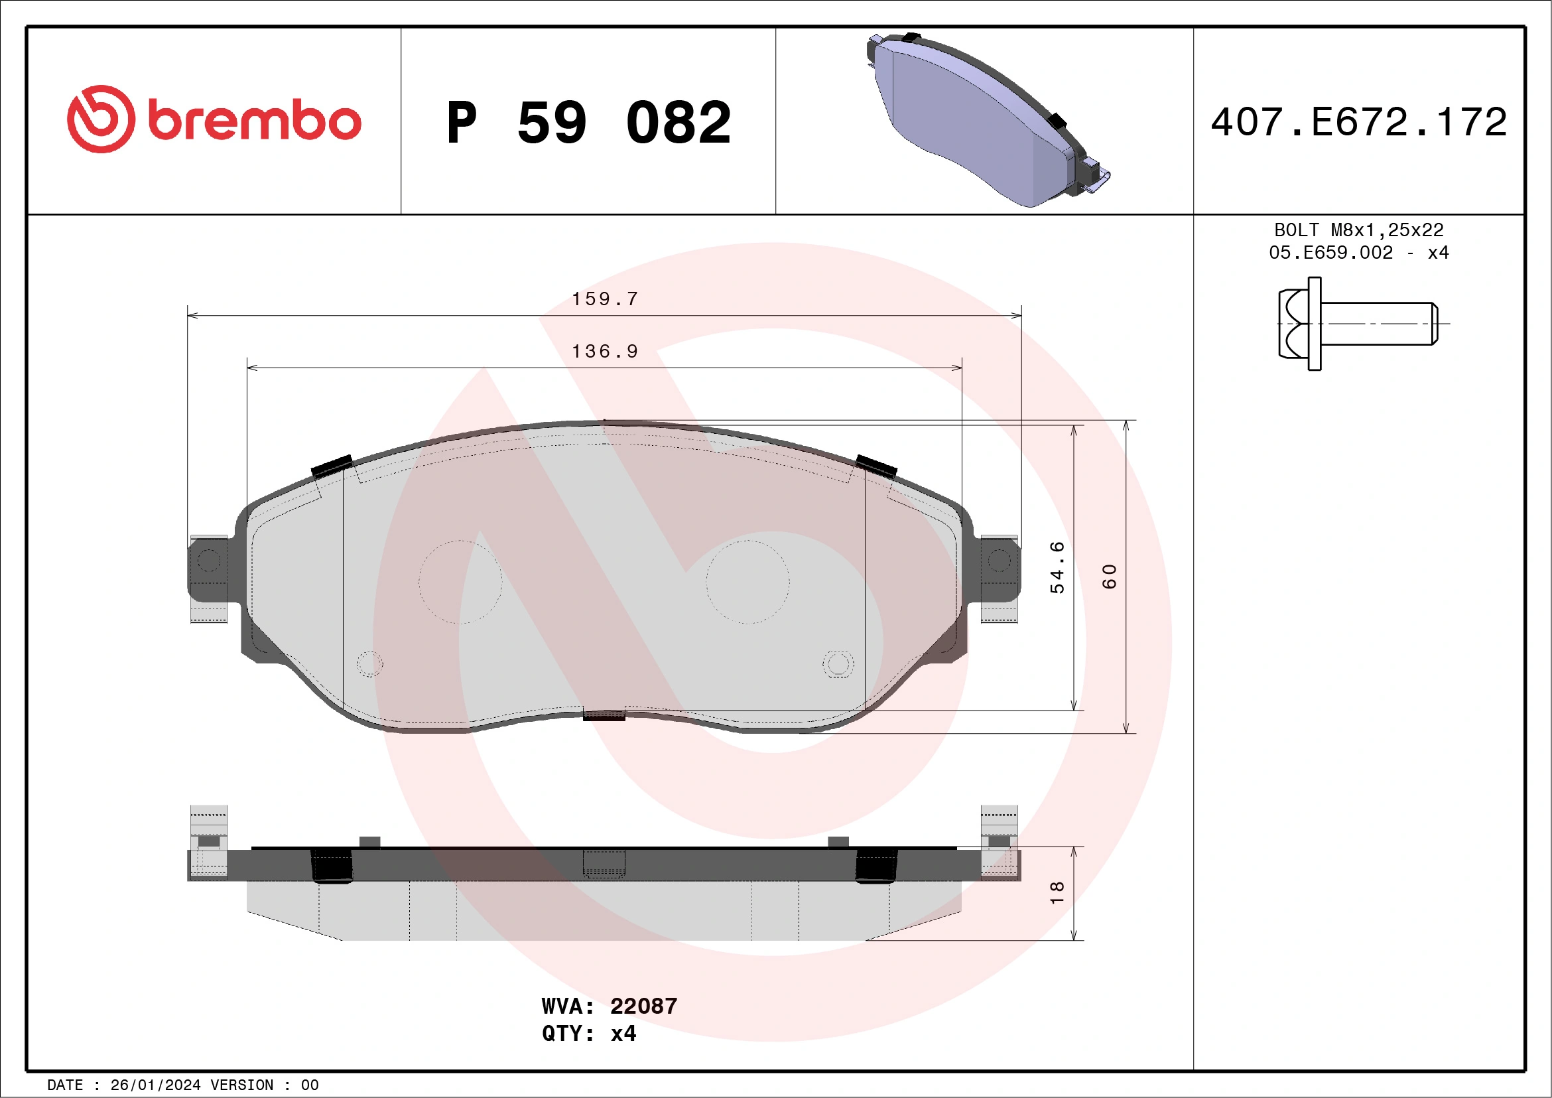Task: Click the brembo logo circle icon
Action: [x=101, y=119]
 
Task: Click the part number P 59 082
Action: [x=588, y=122]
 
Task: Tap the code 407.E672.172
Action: [x=1359, y=122]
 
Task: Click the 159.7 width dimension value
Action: [x=605, y=299]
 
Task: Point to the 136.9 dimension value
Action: [x=605, y=352]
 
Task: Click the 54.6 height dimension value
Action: [x=1057, y=567]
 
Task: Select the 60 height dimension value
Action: [x=1109, y=576]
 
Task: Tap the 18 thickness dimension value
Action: [x=1057, y=892]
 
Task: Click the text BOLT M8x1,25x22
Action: [x=1359, y=230]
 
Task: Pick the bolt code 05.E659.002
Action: [x=1330, y=253]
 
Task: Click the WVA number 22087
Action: [x=643, y=1006]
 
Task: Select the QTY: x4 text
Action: [x=589, y=1034]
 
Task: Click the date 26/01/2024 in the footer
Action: [x=155, y=1085]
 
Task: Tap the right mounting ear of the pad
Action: [x=999, y=570]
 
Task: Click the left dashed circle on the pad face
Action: [x=460, y=581]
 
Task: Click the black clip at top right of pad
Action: [x=876, y=466]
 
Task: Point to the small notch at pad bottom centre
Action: [x=604, y=715]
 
